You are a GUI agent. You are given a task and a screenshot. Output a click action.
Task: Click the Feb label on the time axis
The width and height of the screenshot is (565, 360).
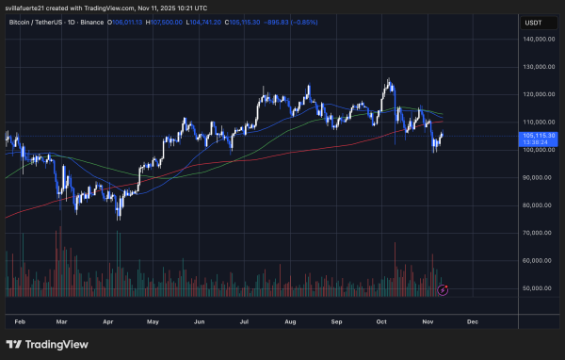point(21,320)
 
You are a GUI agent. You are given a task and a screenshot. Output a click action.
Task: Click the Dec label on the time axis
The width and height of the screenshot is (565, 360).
point(473,320)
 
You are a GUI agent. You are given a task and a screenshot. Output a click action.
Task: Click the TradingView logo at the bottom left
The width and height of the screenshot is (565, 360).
point(47,344)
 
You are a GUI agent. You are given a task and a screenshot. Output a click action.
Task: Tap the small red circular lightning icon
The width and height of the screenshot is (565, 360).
point(443,289)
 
